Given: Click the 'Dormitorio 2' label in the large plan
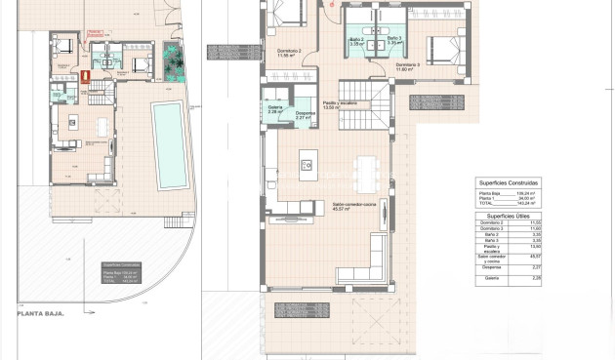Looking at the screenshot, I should coord(289,53).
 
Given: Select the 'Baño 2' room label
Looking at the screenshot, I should coord(355,42).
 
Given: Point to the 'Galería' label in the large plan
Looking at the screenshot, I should coord(274,109).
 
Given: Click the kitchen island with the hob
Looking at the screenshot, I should coord(307,165).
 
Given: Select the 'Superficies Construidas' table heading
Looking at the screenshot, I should coord(508,182).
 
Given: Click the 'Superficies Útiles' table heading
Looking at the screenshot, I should coord(508,217).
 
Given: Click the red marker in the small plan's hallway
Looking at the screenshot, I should coord(85,74).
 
